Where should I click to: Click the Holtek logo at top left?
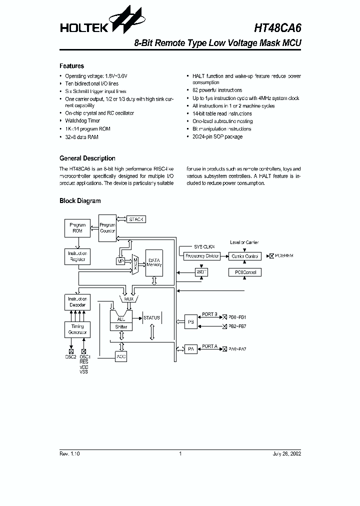[95, 23]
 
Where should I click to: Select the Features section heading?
[71, 66]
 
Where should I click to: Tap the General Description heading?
[87, 158]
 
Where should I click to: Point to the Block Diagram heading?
[80, 201]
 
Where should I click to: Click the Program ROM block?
[77, 228]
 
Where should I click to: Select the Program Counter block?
[107, 228]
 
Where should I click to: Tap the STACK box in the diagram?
[136, 219]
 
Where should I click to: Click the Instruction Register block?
[77, 256]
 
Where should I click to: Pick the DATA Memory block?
[154, 263]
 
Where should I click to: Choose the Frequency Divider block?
[202, 256]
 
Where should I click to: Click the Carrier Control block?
[245, 256]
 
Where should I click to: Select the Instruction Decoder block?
[77, 301]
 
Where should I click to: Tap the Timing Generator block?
[77, 329]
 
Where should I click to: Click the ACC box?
[121, 356]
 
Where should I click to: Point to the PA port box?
[190, 349]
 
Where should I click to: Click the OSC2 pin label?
[70, 357]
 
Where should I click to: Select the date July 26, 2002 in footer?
[286, 454]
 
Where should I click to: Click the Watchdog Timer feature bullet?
[82, 121]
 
